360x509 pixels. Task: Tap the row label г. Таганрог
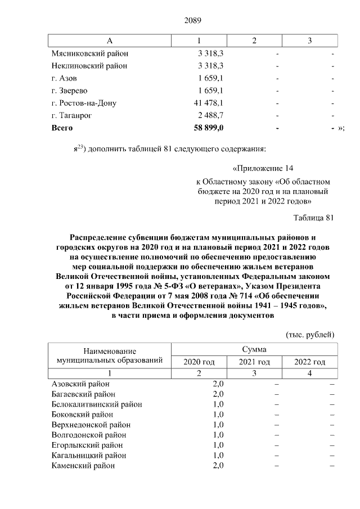pyautogui.click(x=71, y=115)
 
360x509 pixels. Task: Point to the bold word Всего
pyautogui.click(x=62, y=128)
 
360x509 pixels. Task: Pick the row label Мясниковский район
pyautogui.click(x=89, y=53)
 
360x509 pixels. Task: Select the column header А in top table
pyautogui.click(x=110, y=41)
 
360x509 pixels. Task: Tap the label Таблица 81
pyautogui.click(x=314, y=218)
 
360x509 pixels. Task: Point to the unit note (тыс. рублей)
pyautogui.click(x=310, y=334)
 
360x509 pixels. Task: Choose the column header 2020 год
pyautogui.click(x=199, y=362)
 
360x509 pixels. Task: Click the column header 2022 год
pyautogui.click(x=310, y=362)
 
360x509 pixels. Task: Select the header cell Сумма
pyautogui.click(x=254, y=349)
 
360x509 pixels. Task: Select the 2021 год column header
pyautogui.click(x=254, y=362)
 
